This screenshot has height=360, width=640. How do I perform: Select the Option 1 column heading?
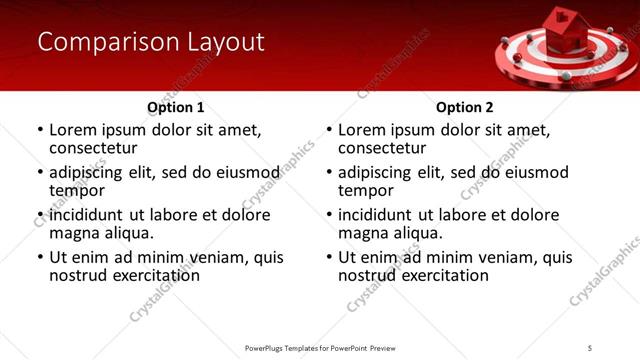coord(175,106)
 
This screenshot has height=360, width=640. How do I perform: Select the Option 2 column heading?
coord(465,106)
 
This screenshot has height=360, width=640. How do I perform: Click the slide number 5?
coord(590,347)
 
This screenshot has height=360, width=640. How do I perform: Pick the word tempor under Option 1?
coord(75,191)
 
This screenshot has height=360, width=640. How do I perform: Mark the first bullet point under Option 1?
coord(40,130)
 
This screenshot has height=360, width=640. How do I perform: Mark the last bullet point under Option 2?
coord(330,257)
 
